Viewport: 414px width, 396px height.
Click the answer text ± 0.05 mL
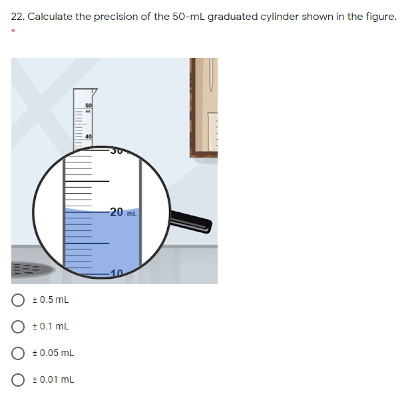tap(57, 353)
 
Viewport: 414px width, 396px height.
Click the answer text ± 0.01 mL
tap(57, 379)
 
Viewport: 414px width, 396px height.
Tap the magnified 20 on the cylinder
tap(116, 212)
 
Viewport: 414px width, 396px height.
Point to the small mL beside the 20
tap(131, 214)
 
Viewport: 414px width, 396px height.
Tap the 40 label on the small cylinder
tap(87, 137)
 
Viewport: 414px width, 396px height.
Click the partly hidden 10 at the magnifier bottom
tap(116, 274)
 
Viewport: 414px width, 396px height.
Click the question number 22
tap(17, 17)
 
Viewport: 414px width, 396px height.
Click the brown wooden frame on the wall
tap(194, 106)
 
